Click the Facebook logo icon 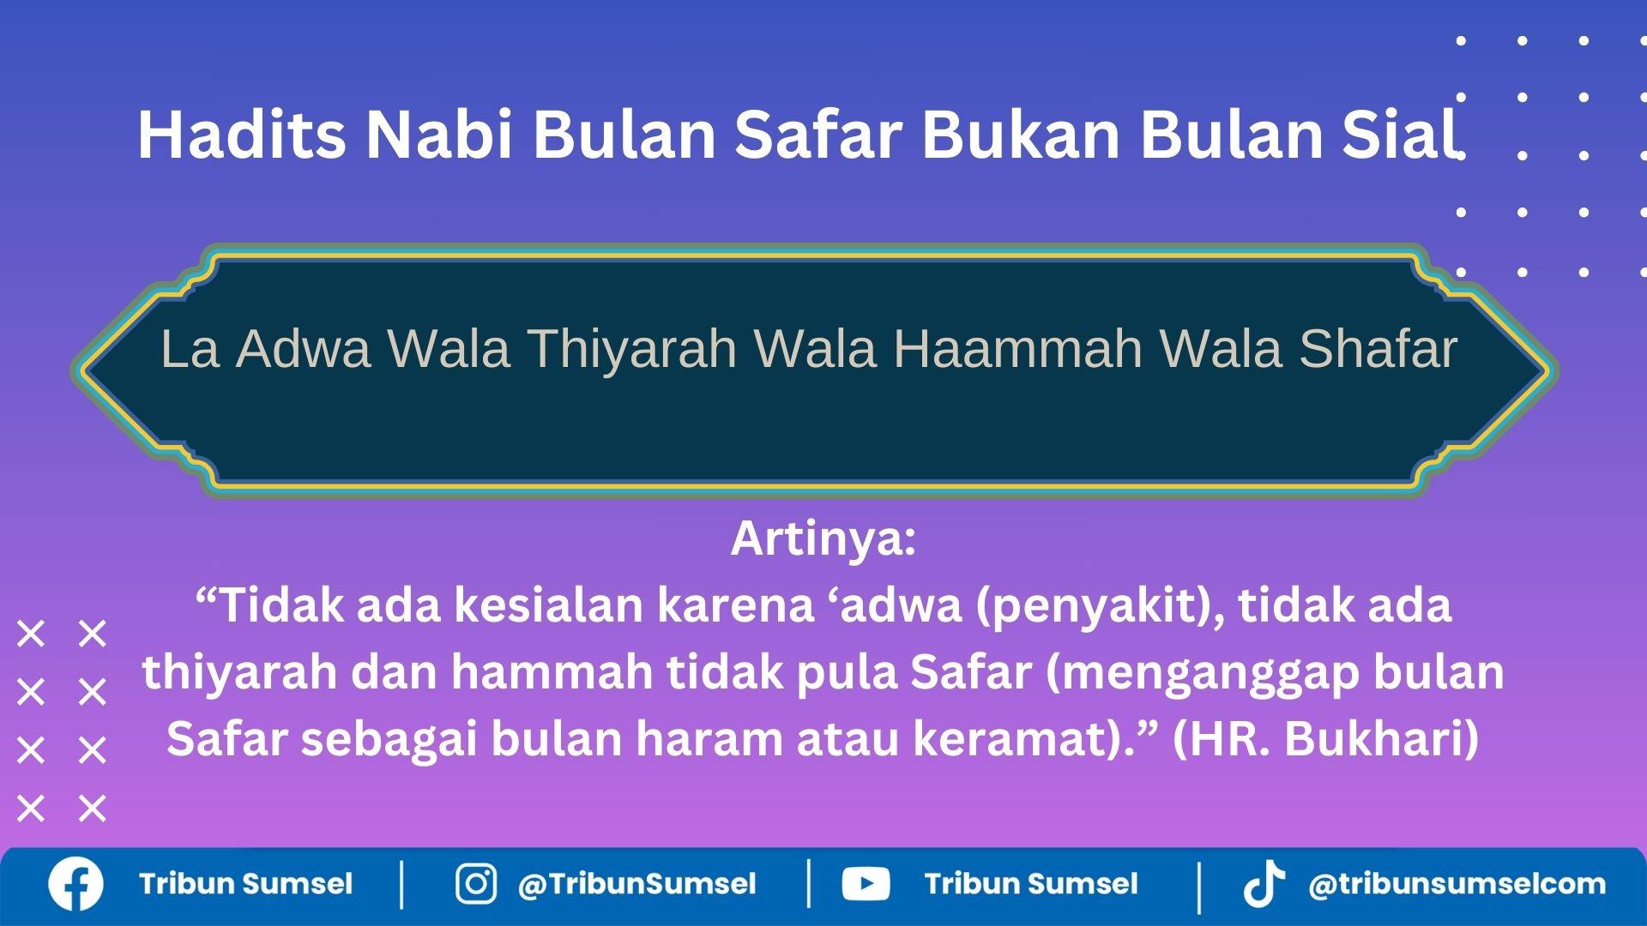(75, 884)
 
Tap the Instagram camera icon (475, 884)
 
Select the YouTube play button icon (866, 884)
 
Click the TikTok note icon (1264, 884)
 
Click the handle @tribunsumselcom (1457, 884)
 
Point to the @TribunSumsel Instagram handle (636, 884)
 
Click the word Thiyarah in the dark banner (632, 349)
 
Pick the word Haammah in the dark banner (1018, 349)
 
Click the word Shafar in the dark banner (1378, 349)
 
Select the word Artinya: (823, 538)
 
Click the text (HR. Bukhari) (1325, 739)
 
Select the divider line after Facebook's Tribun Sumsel (402, 884)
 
